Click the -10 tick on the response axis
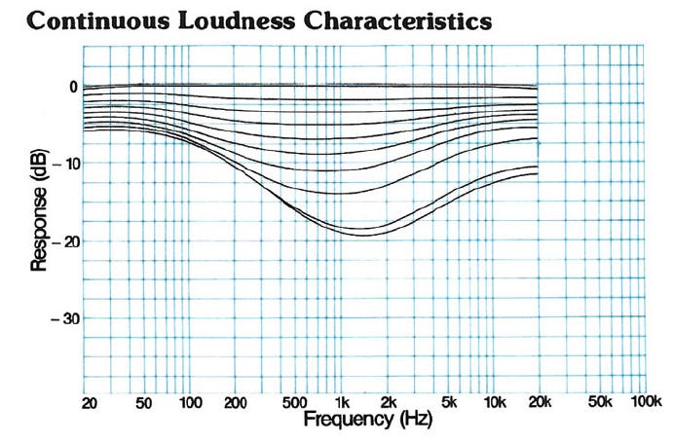pyautogui.click(x=65, y=164)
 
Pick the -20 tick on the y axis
pyautogui.click(x=65, y=241)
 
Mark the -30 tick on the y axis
pyautogui.click(x=65, y=318)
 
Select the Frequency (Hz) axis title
pyautogui.click(x=368, y=421)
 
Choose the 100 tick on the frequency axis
pyautogui.click(x=191, y=402)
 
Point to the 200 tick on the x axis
pyautogui.click(x=237, y=402)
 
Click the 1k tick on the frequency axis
pyautogui.click(x=342, y=402)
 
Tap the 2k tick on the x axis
pyautogui.click(x=388, y=402)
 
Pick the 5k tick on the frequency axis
pyautogui.click(x=448, y=402)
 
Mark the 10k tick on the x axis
pyautogui.click(x=493, y=402)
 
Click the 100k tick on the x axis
pyautogui.click(x=644, y=402)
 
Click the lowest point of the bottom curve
pyautogui.click(x=365, y=236)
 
